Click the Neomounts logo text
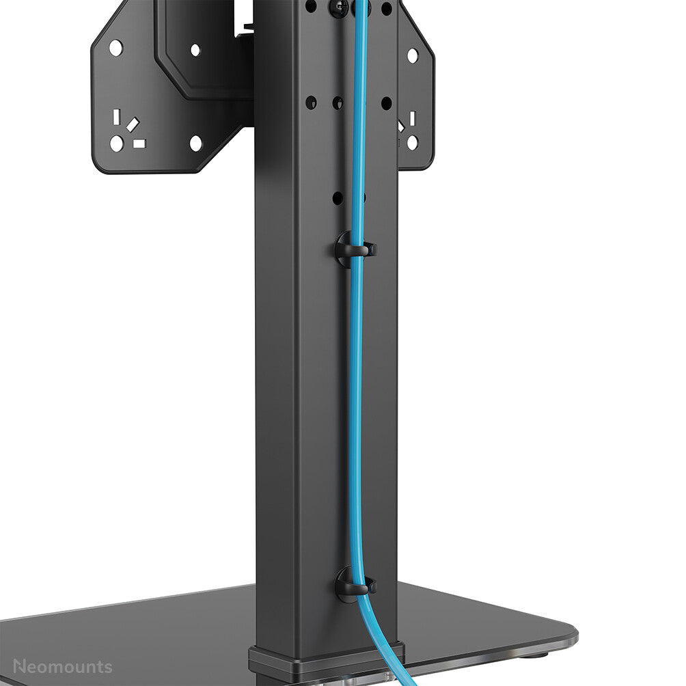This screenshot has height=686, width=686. pos(62,666)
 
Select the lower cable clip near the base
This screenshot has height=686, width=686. pos(355,585)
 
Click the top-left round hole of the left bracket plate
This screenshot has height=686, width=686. pos(115,48)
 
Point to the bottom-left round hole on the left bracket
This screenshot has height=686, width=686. pos(117,143)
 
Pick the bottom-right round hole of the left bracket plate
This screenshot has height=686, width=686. pos(195,143)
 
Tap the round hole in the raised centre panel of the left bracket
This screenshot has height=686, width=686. pos(195,50)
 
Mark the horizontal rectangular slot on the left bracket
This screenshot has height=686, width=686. pos(139,143)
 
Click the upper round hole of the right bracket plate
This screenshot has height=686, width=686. pos(413,55)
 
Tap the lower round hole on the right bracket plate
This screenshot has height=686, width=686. pos(412,142)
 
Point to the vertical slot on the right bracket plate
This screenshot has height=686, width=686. pos(412,118)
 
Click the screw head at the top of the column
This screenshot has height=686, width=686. pos(338,8)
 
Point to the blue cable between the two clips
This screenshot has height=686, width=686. pos(356,410)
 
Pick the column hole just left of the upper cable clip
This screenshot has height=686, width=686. pos(338,197)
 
